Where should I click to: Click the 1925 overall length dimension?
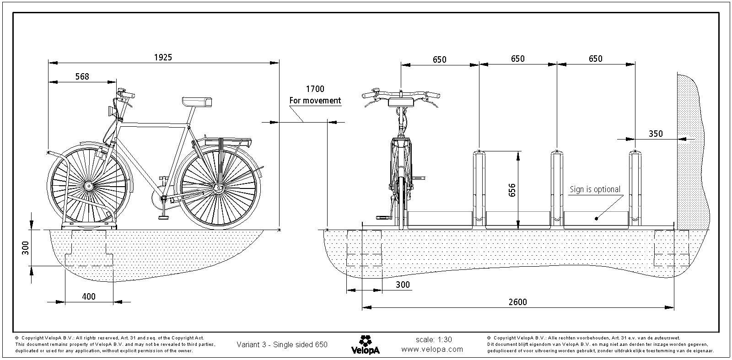[163, 57]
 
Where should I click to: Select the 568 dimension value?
[82, 77]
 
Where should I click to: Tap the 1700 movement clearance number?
[315, 89]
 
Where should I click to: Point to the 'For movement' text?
[315, 101]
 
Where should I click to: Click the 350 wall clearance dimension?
[656, 134]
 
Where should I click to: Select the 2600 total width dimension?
[517, 302]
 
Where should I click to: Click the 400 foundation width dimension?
[88, 296]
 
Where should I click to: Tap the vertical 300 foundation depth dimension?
[26, 247]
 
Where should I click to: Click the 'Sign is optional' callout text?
[594, 189]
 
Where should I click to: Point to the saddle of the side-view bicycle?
[196, 102]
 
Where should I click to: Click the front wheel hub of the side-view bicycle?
[88, 186]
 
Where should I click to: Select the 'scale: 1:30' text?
[434, 339]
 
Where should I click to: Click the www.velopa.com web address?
[432, 349]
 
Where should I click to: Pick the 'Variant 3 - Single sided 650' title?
[282, 344]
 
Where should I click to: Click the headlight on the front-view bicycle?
[401, 102]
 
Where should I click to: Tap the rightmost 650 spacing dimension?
[595, 59]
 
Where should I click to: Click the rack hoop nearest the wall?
[635, 188]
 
